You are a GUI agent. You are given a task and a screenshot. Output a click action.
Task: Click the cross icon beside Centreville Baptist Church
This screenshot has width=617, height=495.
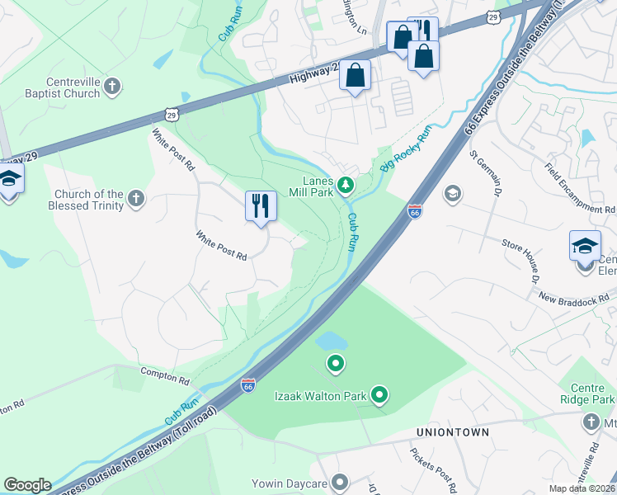(111, 85)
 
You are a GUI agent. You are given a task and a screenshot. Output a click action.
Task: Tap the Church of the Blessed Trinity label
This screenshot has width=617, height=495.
(88, 200)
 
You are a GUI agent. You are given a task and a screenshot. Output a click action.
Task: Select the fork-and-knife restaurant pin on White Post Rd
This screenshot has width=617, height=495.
(261, 206)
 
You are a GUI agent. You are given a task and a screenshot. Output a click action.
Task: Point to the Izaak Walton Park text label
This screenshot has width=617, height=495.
(320, 396)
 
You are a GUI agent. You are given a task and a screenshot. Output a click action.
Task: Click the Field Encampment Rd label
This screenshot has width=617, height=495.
(579, 186)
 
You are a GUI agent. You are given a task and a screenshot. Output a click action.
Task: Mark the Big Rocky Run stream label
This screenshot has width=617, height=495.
(406, 148)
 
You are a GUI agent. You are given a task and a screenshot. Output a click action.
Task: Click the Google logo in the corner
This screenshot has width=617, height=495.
(27, 485)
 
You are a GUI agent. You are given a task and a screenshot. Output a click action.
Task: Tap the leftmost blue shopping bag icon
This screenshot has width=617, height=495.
(355, 76)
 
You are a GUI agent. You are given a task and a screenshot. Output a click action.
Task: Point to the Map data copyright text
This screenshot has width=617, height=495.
(582, 488)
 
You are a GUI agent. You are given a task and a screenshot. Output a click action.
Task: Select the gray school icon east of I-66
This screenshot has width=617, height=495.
(451, 194)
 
